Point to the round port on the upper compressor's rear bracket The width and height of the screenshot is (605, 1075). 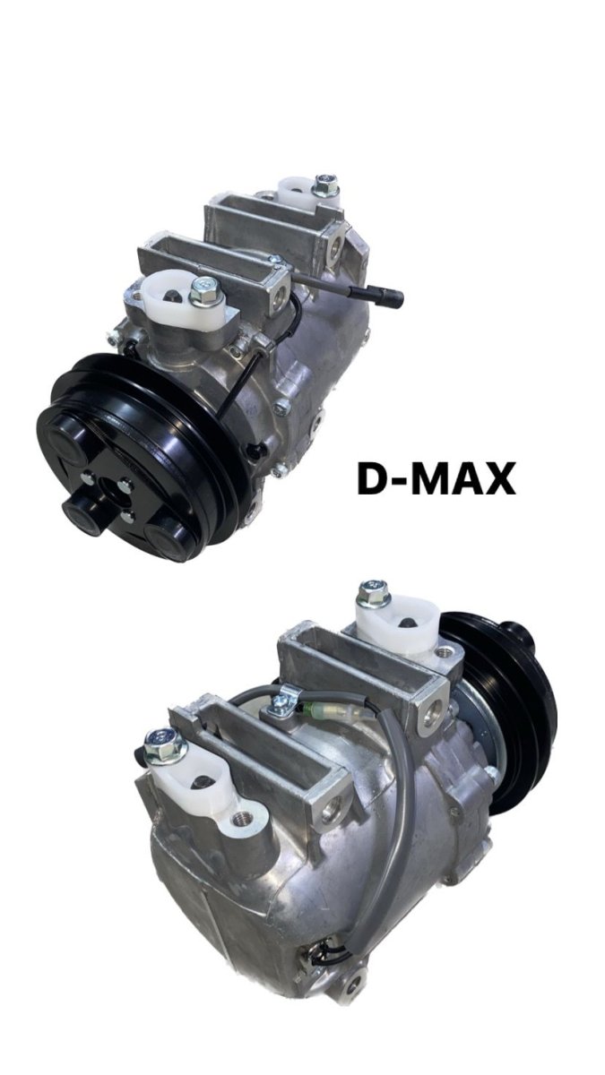point(339,244)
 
